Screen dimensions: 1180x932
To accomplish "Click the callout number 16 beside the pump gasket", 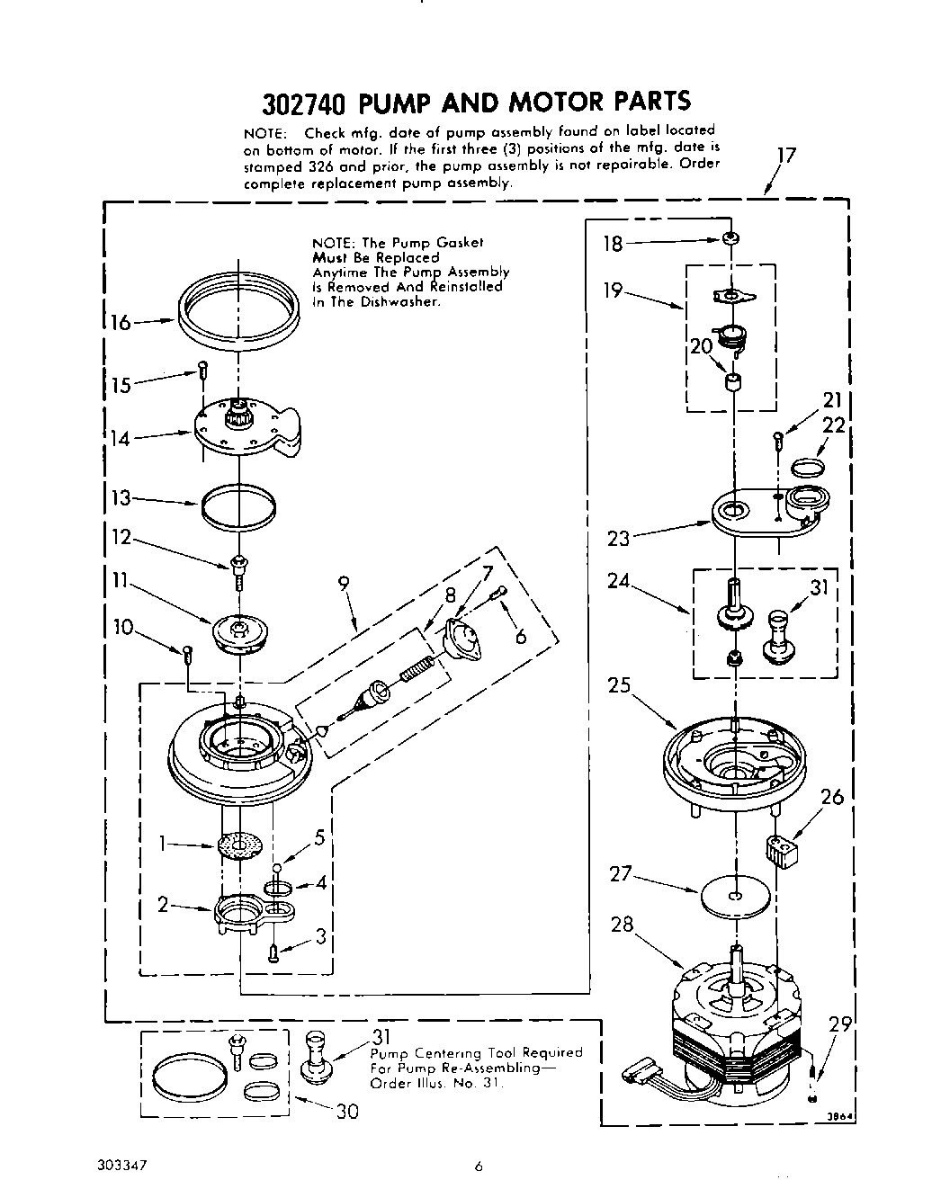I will [x=121, y=322].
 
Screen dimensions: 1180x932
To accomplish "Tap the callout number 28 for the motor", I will [x=623, y=924].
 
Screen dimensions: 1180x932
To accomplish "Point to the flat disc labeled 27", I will [x=737, y=897].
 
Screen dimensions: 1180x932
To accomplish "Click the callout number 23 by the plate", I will [x=619, y=539].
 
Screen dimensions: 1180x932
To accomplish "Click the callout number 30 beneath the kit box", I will [x=346, y=1112].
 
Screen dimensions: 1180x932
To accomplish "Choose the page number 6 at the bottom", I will [x=479, y=1167].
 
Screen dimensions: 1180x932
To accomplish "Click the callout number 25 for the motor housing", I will [x=619, y=684].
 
